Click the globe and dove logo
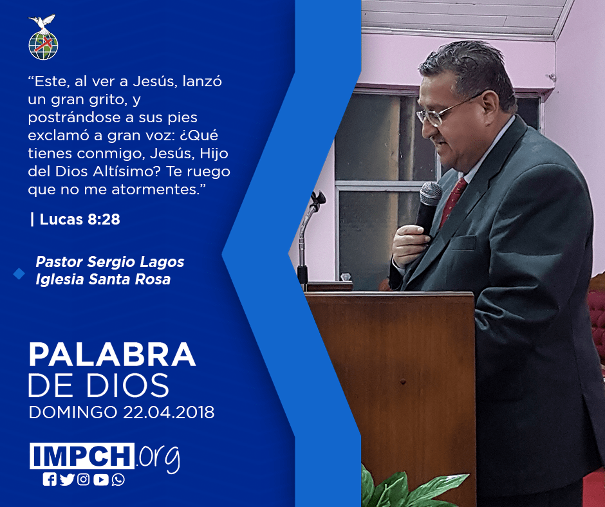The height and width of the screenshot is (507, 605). tap(43, 37)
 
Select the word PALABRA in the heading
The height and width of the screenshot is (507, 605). tap(112, 355)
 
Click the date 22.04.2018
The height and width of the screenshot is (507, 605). tap(169, 412)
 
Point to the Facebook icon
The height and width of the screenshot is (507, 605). tap(50, 479)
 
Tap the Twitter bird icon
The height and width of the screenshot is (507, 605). tap(67, 479)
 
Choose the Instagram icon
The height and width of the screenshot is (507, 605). tap(83, 479)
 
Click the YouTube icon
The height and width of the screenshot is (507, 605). tap(100, 479)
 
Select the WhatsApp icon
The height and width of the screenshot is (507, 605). tap(118, 479)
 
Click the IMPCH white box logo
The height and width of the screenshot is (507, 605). tap(82, 456)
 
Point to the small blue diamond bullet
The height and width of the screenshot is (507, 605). tap(19, 273)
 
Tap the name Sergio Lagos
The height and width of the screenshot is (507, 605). tap(136, 262)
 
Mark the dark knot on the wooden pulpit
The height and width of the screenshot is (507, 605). tap(403, 382)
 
